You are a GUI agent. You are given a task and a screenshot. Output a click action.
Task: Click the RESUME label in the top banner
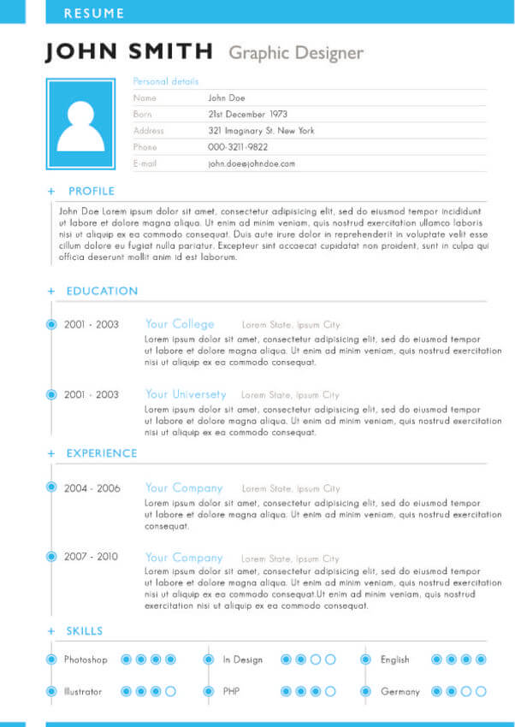[x=94, y=14]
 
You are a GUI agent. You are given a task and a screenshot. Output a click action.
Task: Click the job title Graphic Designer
[x=296, y=53]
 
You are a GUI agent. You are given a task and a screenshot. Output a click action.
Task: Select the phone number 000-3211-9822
[x=238, y=147]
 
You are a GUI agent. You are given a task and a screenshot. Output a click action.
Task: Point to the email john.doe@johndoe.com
[x=252, y=163]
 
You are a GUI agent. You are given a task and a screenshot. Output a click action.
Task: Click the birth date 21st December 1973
[x=248, y=115]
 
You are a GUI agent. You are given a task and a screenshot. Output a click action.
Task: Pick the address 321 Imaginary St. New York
[x=261, y=131]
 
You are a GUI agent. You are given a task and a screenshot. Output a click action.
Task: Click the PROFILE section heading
[x=92, y=191]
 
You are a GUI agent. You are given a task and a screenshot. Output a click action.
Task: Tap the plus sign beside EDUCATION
[x=51, y=292]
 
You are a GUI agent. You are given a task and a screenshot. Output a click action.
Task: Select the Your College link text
[x=180, y=324]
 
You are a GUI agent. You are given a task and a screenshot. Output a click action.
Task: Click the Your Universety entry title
[x=186, y=394]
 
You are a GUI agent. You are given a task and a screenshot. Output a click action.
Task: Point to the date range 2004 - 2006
[x=92, y=488]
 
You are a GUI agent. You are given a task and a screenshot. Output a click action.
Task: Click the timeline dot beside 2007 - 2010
[x=51, y=557]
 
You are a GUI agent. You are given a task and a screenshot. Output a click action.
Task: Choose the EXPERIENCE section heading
[x=102, y=453]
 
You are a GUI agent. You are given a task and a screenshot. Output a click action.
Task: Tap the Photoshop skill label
[x=86, y=659]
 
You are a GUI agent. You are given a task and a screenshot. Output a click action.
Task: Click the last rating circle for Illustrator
[x=170, y=691]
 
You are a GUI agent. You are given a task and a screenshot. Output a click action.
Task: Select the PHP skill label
[x=231, y=691]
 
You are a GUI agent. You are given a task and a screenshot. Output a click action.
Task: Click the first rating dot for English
[x=436, y=659]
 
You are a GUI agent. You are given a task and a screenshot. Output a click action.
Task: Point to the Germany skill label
[x=400, y=691]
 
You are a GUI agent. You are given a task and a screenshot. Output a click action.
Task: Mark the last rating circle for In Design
[x=330, y=659]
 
